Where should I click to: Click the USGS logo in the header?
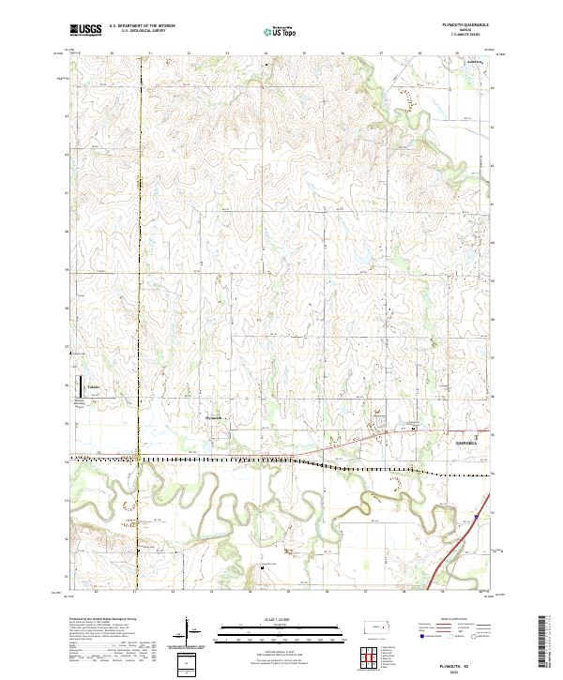pos(84,30)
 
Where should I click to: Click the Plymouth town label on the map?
pos(213,417)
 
